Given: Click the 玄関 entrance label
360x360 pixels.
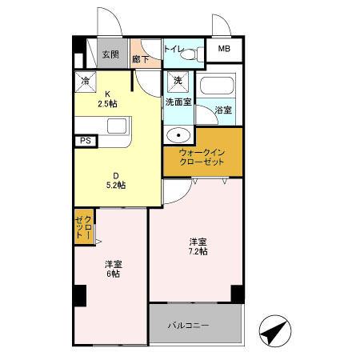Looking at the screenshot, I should (110, 54).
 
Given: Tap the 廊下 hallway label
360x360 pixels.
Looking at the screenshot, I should (141, 58).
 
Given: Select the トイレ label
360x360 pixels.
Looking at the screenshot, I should (172, 50).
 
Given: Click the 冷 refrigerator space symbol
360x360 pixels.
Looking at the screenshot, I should (86, 80).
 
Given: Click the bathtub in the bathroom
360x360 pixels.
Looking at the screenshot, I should (218, 86).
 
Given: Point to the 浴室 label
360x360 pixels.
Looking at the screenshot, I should (223, 110).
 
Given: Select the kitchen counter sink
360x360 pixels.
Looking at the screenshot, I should (117, 126).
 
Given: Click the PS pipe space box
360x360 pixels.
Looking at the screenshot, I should (85, 141).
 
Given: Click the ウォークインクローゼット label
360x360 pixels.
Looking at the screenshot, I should (202, 157).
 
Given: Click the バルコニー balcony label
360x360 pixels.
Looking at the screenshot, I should (189, 326).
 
